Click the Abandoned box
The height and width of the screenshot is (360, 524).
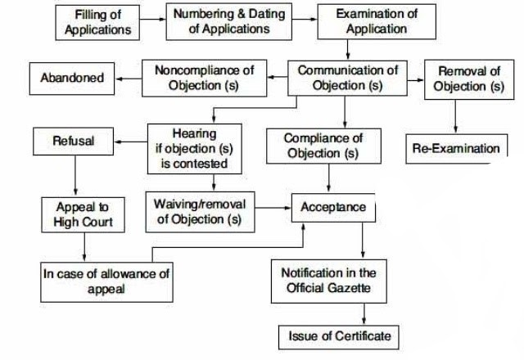point(72,79)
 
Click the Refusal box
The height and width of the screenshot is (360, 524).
point(74,141)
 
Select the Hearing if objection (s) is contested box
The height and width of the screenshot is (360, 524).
point(196,147)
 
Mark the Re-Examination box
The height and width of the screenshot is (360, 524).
point(456,149)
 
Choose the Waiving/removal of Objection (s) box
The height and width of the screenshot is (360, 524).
point(199,211)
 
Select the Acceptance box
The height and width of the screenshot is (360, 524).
point(334,207)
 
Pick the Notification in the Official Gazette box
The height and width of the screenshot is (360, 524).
point(328,280)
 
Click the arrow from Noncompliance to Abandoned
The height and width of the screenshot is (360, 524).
point(128,79)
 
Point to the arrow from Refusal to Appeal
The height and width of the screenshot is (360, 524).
point(74,173)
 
